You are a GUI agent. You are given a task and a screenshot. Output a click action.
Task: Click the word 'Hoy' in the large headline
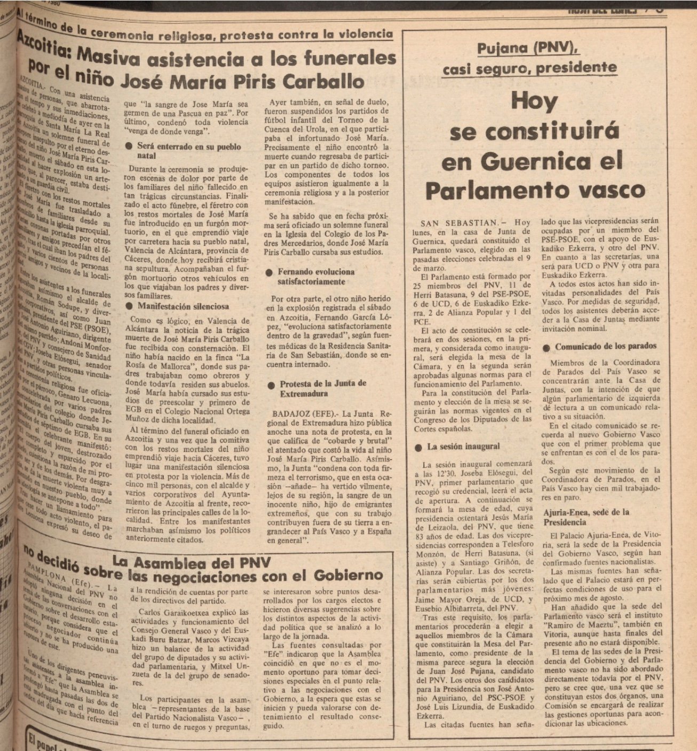click(x=534, y=100)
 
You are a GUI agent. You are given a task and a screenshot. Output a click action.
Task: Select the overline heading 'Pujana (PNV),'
click(x=528, y=49)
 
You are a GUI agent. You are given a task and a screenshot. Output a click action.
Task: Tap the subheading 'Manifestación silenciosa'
click(x=183, y=307)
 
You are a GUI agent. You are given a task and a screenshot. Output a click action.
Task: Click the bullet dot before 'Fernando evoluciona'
click(x=269, y=272)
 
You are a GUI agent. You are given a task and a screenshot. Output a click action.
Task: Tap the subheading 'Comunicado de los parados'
click(x=606, y=347)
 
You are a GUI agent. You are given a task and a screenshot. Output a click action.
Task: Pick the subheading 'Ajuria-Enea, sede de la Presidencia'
click(x=586, y=517)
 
